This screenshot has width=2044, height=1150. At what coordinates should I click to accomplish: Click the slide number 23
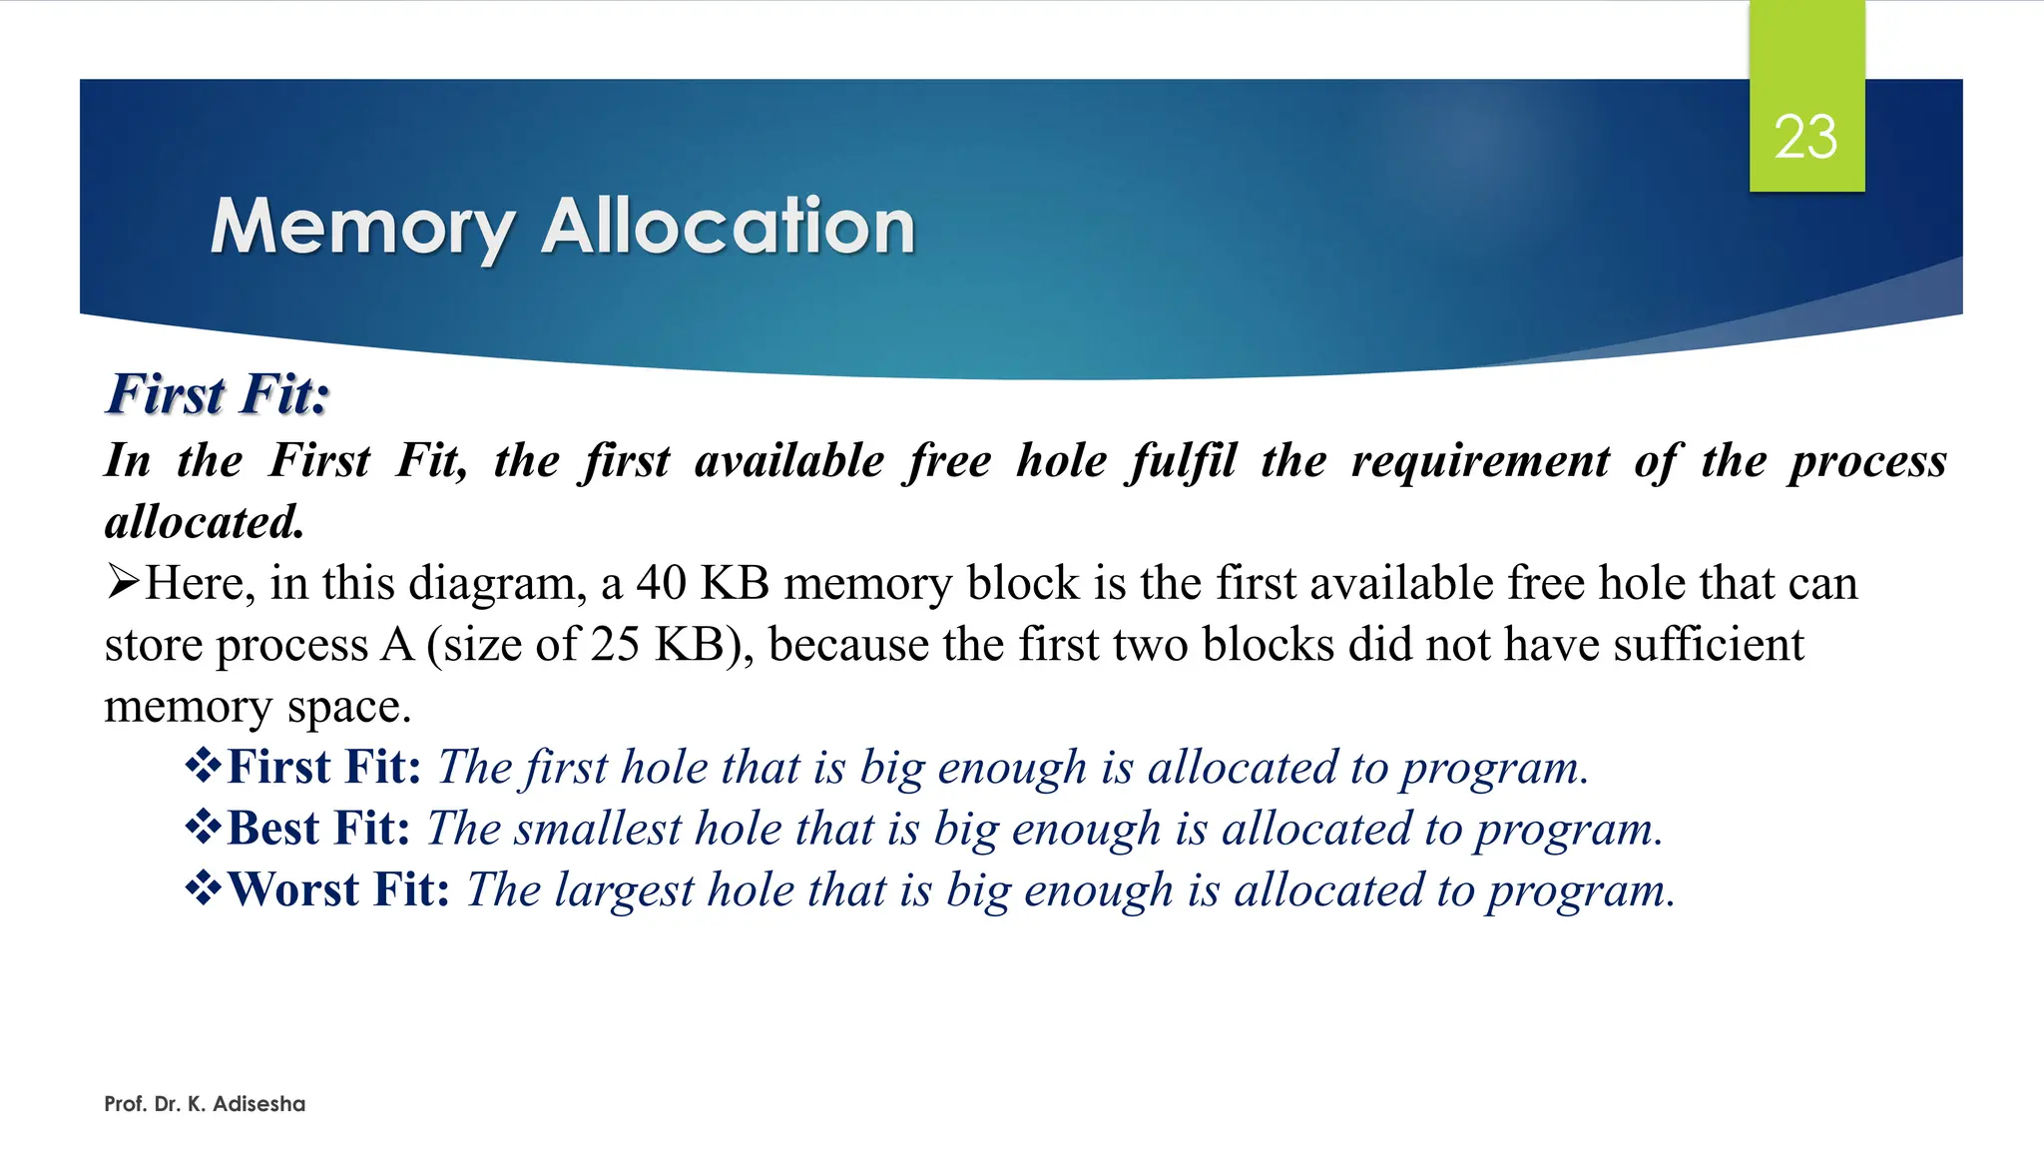[x=1805, y=137]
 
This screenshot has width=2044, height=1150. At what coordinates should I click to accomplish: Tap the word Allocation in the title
[x=728, y=228]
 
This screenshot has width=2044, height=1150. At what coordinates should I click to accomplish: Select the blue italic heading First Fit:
[x=218, y=394]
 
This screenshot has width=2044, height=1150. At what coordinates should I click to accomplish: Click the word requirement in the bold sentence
[x=1480, y=461]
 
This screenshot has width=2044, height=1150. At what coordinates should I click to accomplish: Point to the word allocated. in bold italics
[x=205, y=522]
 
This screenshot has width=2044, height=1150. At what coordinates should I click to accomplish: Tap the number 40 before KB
[x=662, y=583]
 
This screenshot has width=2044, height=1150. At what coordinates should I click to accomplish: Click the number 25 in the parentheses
[x=614, y=645]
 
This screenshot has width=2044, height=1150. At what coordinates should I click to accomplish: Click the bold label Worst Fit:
[x=338, y=889]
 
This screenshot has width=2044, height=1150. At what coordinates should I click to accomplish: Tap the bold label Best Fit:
[x=318, y=829]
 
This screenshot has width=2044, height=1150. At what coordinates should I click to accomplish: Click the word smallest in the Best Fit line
[x=597, y=829]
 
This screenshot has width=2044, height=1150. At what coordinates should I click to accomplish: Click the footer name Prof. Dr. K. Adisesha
[x=205, y=1104]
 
